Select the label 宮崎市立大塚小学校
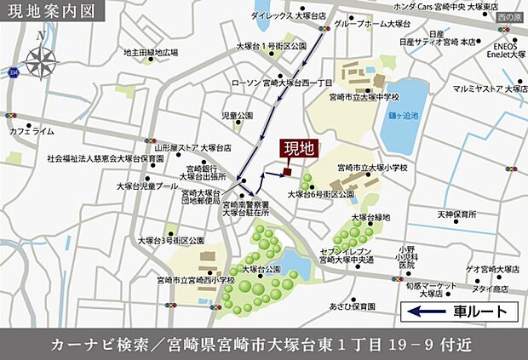[x=372, y=168]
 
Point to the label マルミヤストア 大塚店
[x=491, y=88]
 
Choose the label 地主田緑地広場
[x=150, y=52]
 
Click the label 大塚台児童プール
[x=147, y=185]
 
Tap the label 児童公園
[x=238, y=115]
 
